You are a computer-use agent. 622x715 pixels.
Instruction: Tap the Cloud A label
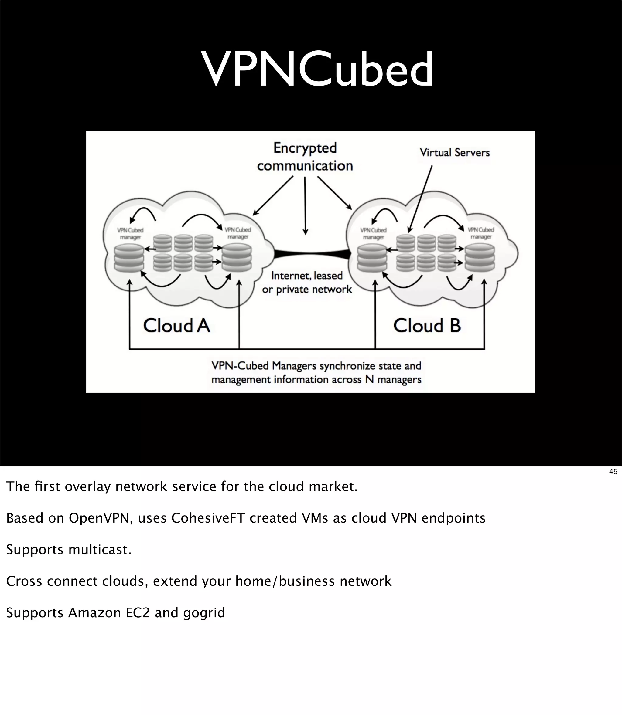tap(177, 326)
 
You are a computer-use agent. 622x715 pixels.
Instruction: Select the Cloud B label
tap(427, 326)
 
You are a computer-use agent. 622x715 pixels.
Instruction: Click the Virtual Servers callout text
tap(454, 153)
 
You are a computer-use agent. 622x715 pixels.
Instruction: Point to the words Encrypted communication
tap(305, 157)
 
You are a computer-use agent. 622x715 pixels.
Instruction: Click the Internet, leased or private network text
tap(307, 282)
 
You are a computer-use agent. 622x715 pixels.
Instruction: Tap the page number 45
tap(613, 472)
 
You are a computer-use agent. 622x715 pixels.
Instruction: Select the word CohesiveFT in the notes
tap(208, 518)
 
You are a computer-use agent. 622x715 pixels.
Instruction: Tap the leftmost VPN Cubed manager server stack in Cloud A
tap(129, 258)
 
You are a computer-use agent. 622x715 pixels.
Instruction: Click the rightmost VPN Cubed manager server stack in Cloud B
tap(480, 258)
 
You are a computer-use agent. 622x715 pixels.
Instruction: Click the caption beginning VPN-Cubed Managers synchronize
tap(316, 372)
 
